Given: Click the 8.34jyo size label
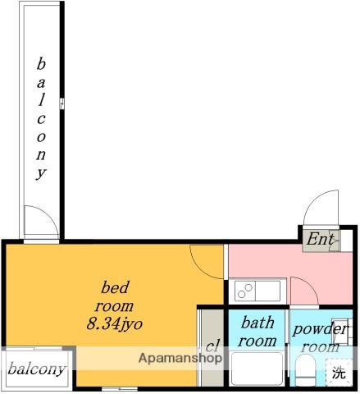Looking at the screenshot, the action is click(x=115, y=324).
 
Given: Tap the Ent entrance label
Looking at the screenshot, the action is click(x=320, y=239).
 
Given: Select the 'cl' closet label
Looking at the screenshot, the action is click(x=212, y=346).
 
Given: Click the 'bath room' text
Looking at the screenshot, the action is click(x=257, y=332).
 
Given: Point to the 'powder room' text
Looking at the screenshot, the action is click(x=320, y=338).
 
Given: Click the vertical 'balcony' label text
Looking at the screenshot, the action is click(x=41, y=118).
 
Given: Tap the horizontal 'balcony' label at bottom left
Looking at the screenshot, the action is click(x=36, y=369).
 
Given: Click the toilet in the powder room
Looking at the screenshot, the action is click(x=306, y=370).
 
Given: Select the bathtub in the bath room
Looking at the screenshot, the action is click(x=257, y=369).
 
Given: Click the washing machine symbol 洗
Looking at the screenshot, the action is click(x=339, y=373).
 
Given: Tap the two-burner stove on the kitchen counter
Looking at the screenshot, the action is click(x=245, y=291).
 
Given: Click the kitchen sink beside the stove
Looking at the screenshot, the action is click(x=268, y=291).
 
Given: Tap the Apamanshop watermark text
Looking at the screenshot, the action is click(x=180, y=358).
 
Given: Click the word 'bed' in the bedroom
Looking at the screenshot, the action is click(x=115, y=287).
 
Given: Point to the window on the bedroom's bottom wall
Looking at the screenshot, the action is click(x=120, y=388).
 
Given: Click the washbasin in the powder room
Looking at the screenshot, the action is click(x=342, y=332).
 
